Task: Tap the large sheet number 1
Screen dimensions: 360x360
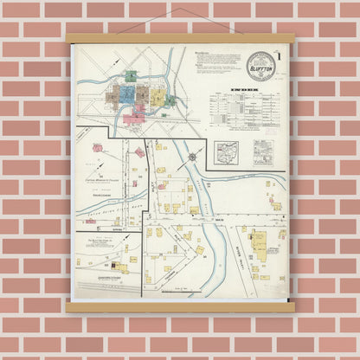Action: pos(280,59)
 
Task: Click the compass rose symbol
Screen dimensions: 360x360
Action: pos(192,157)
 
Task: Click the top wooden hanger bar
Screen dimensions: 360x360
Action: pos(179,38)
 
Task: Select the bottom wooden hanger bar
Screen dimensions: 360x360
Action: pos(179,307)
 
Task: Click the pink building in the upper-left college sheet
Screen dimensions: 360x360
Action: pos(139,152)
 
